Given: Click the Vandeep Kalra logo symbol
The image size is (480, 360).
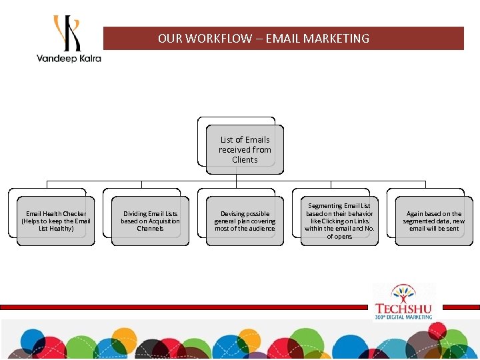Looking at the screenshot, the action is [x=67, y=33].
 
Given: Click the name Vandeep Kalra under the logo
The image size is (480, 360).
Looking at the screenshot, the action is [x=69, y=58].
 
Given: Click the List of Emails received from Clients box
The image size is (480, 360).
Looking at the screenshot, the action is [x=245, y=149].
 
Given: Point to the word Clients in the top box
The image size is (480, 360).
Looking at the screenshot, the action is [x=245, y=160].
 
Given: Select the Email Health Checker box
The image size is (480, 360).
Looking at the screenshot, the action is [x=56, y=221].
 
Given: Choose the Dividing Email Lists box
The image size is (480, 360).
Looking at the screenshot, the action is [x=150, y=221].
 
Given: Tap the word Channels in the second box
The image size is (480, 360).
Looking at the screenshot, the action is [x=150, y=229].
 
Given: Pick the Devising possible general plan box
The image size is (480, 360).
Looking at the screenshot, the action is [x=245, y=221].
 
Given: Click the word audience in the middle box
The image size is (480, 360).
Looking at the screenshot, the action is [x=261, y=229].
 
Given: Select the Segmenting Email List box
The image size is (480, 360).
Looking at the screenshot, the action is [x=339, y=221].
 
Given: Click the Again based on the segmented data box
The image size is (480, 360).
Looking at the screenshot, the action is [x=434, y=221].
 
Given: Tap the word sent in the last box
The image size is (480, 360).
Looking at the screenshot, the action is [x=453, y=229].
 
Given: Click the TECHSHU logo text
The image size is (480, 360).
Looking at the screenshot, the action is [x=403, y=309].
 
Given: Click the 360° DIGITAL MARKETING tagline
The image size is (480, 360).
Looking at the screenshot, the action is [x=403, y=317].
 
